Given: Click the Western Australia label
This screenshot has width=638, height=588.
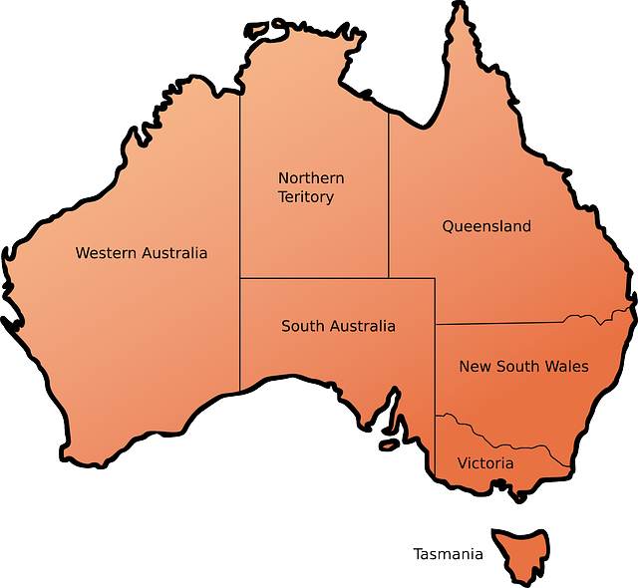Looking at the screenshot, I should point(142,253).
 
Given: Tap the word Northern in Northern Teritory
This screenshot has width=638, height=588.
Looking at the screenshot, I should point(311,178).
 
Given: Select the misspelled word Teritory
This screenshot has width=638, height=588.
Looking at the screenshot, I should point(306,197).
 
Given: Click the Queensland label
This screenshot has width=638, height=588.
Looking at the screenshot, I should point(486,226).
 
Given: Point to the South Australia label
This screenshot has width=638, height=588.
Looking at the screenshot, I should point(338,326).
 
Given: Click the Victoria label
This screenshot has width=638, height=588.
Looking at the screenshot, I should point(485,463).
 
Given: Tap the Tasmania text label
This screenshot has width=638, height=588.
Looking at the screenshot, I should point(448,554).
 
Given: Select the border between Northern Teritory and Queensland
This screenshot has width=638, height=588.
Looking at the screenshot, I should point(388,199).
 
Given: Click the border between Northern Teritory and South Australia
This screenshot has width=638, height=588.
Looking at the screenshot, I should point(314,278).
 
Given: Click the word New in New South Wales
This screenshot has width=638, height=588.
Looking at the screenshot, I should point(474,367).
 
